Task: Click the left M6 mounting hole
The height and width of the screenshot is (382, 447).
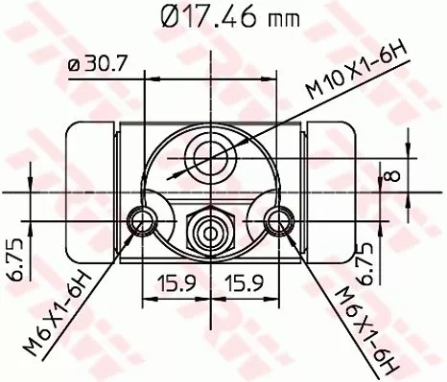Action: (144, 222)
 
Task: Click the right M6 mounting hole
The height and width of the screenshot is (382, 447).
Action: (279, 222)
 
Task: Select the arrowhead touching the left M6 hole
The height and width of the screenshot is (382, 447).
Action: (135, 231)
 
